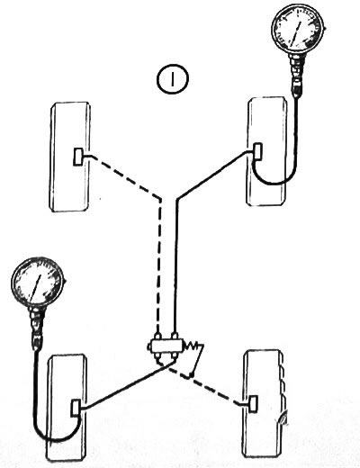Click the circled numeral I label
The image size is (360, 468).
(x=173, y=78)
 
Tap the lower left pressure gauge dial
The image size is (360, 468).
(x=38, y=283)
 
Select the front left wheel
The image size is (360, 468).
(x=70, y=157)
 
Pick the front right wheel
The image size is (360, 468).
(x=267, y=151)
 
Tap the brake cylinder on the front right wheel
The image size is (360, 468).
(x=258, y=151)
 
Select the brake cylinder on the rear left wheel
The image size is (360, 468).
(x=76, y=408)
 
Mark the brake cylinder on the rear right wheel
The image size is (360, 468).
(x=254, y=404)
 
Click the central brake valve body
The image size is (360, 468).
(x=165, y=347)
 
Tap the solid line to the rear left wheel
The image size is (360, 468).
(x=128, y=385)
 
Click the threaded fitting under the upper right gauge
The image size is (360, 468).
(x=298, y=75)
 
